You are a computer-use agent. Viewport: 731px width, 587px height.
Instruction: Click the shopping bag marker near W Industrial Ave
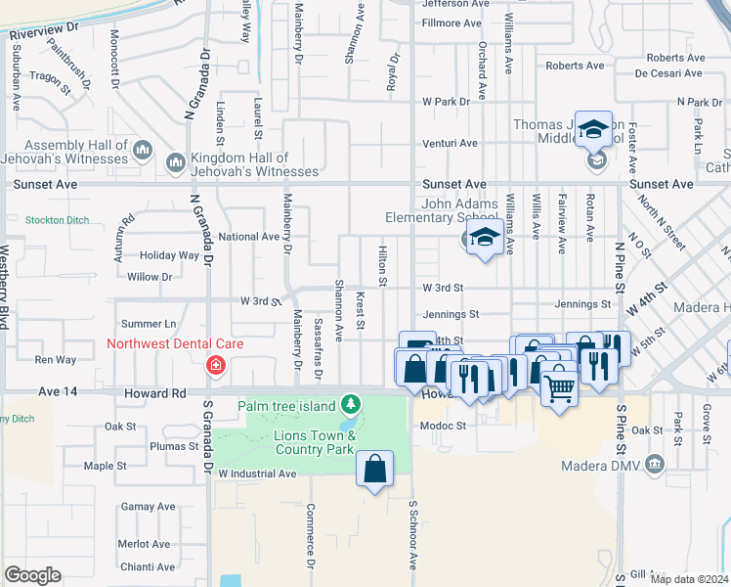[375, 471]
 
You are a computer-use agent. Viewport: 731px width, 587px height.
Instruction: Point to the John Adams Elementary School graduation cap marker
[484, 238]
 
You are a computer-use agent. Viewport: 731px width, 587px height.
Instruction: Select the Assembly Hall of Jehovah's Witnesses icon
[143, 149]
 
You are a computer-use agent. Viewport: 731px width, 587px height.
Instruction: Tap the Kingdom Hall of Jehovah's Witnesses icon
[177, 161]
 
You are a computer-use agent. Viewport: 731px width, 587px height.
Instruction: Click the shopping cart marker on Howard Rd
[559, 388]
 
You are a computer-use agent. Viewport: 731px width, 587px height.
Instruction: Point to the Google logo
[32, 575]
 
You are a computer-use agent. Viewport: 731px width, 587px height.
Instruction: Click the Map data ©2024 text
[689, 579]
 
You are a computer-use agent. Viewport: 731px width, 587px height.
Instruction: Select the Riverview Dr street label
[49, 26]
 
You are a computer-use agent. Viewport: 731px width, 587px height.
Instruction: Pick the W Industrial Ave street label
[257, 474]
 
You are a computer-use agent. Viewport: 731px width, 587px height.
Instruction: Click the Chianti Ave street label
[147, 566]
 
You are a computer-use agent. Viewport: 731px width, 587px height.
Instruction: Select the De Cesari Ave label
[669, 72]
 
